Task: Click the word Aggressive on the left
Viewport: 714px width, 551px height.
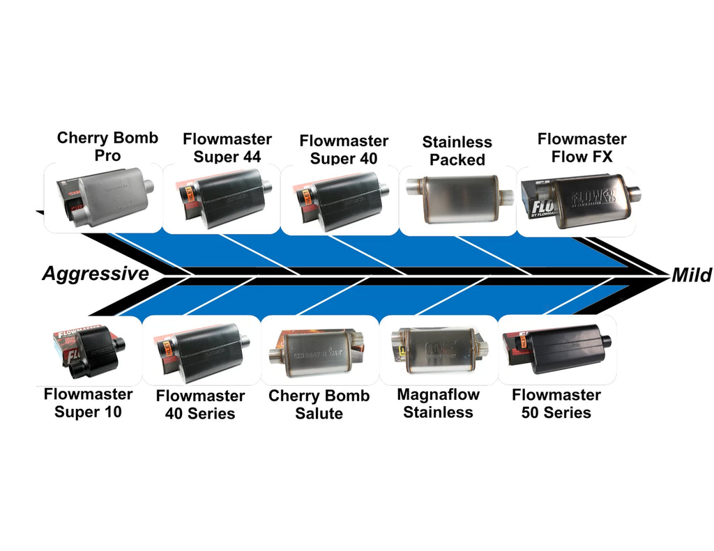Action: tap(96, 274)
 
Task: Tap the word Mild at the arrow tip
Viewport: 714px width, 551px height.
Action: tap(691, 275)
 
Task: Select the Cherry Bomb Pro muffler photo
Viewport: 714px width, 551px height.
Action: tap(105, 196)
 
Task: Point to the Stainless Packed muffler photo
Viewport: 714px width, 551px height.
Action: tap(459, 199)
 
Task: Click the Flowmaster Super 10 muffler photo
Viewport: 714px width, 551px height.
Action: tap(89, 350)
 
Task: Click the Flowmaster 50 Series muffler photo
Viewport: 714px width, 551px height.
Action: tap(556, 348)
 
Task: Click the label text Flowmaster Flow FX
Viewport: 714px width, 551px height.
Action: tap(582, 148)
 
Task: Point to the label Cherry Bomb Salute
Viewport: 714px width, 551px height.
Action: tap(319, 405)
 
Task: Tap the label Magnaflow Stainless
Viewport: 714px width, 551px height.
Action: tap(438, 403)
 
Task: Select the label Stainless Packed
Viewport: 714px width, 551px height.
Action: tap(457, 150)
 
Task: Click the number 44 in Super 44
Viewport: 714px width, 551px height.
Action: tap(251, 157)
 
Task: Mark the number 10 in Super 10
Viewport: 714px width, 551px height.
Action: tap(112, 412)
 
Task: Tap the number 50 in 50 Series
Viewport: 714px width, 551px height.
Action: tap(531, 412)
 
